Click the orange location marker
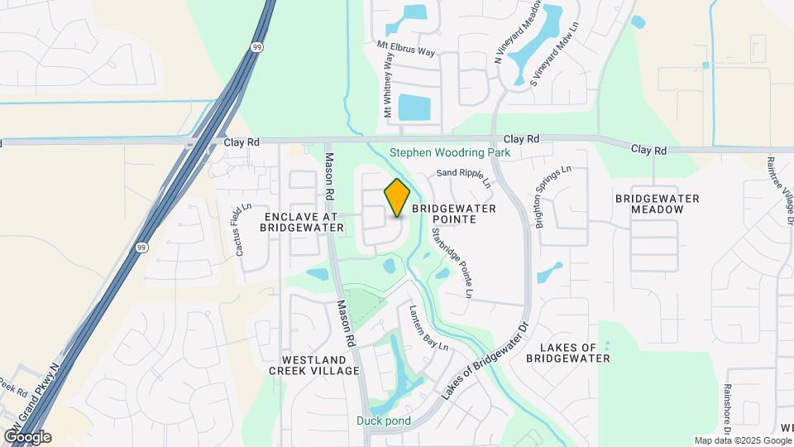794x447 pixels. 397,197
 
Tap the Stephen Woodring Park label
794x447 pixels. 450,153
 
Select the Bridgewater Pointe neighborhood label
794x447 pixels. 453,214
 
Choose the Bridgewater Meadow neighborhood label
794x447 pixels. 658,204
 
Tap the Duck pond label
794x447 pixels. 384,420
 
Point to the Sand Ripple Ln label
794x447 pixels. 463,176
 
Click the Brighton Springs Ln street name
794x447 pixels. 554,197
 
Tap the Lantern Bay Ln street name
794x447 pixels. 428,328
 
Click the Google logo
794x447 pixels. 27,436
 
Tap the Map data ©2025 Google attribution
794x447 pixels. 743,440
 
